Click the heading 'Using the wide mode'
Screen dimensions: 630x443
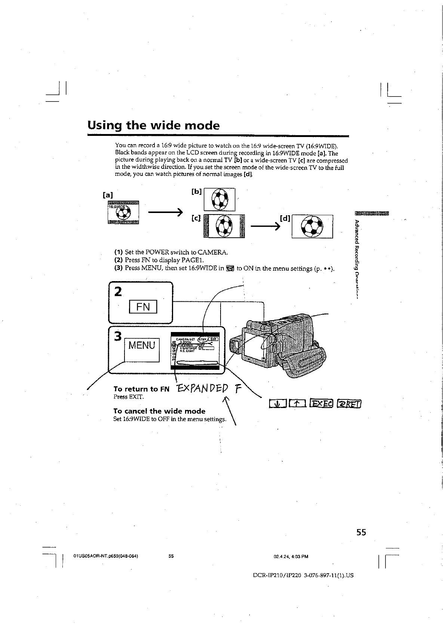[x=153, y=125]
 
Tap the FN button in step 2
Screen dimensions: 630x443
[x=143, y=307]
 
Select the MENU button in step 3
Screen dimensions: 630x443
[x=142, y=345]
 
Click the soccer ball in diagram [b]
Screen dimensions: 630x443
[x=219, y=199]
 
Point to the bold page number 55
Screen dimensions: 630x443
[x=361, y=532]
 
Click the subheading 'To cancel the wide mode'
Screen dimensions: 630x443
[x=159, y=411]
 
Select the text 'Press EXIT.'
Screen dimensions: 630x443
[x=129, y=396]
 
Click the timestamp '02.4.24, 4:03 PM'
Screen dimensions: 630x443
[x=291, y=556]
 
